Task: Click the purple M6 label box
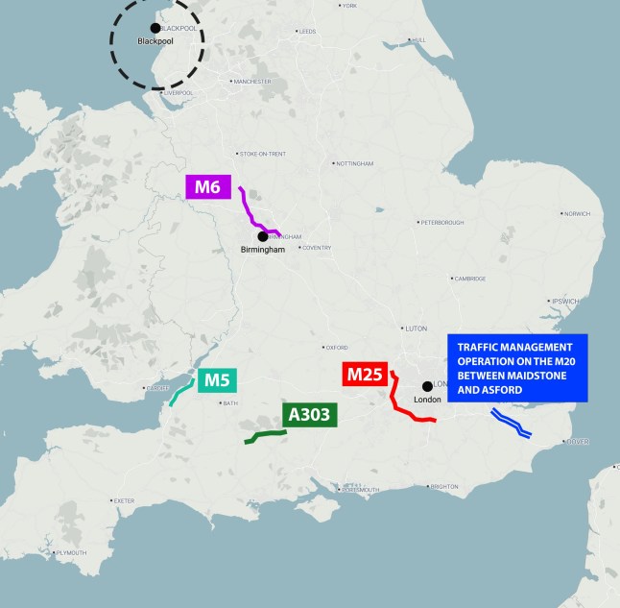click(208, 186)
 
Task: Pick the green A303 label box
click(309, 415)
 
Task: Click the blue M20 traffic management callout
click(517, 368)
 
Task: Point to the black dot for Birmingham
click(262, 236)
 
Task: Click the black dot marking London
click(427, 386)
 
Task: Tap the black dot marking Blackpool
click(155, 28)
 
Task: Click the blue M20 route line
click(511, 424)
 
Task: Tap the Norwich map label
click(578, 213)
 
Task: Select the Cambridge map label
click(471, 279)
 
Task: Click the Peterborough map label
click(443, 223)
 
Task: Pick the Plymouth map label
click(72, 553)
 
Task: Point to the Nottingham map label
click(354, 164)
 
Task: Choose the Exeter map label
click(124, 500)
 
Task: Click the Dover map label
click(578, 441)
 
